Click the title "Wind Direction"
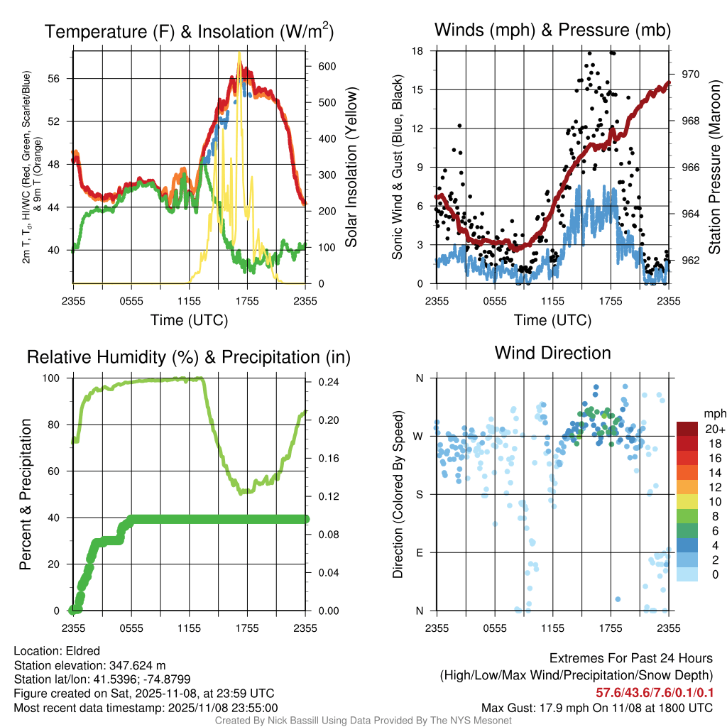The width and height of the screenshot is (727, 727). (552, 353)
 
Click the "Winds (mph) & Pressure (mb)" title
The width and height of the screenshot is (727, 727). (552, 31)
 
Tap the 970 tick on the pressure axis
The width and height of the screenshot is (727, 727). (692, 74)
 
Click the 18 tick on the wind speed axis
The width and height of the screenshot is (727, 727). (417, 51)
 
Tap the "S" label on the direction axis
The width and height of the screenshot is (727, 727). (420, 494)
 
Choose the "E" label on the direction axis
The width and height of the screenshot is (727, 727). (420, 552)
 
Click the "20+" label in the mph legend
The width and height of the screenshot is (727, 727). (712, 430)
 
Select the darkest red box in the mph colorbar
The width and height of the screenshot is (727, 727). (687, 429)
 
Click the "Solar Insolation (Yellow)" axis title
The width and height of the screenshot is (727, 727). (351, 167)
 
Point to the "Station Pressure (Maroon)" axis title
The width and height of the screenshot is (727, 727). (714, 168)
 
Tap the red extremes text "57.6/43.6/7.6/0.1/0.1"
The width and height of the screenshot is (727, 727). (654, 693)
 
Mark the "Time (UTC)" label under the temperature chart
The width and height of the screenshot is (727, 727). (189, 320)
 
